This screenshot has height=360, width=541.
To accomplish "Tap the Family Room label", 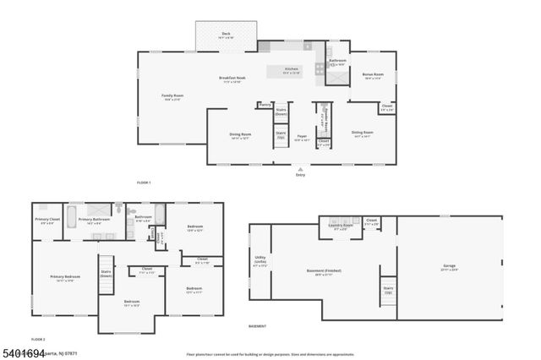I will tap(172, 96).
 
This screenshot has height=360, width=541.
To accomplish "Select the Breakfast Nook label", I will tap(232, 79).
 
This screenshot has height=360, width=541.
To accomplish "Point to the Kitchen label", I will tap(292, 69).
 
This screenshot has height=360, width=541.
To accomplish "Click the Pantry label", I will tap(265, 105).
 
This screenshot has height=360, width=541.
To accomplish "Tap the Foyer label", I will tap(302, 136).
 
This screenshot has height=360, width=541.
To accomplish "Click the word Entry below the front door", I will tap(300, 175).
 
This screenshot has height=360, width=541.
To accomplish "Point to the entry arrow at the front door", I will tap(300, 169).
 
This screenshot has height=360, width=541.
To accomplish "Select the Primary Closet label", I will tap(46, 221).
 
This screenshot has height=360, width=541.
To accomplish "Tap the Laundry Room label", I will tap(342, 225).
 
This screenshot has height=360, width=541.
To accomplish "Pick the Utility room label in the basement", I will tap(260, 260).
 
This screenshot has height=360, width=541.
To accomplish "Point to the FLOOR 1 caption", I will tap(144, 183).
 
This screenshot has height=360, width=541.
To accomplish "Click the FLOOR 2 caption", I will tap(38, 339).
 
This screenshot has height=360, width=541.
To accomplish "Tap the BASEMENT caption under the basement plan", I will tap(258, 326).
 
